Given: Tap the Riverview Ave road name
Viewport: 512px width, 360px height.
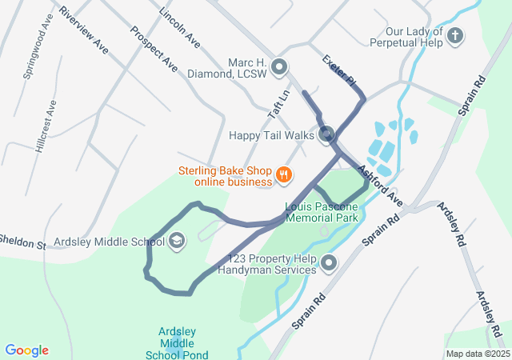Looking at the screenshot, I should pyautogui.click(x=83, y=32).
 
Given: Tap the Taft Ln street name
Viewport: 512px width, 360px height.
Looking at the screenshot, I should pyautogui.click(x=277, y=113).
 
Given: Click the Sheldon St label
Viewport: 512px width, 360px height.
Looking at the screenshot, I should pyautogui.click(x=22, y=240).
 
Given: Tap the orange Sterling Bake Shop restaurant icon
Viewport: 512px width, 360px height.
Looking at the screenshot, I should pyautogui.click(x=282, y=174).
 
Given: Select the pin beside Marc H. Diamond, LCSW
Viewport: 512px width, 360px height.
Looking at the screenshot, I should pyautogui.click(x=279, y=67).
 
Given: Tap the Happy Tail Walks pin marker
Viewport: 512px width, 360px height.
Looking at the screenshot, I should pyautogui.click(x=326, y=134).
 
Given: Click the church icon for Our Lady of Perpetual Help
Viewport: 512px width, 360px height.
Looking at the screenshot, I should pyautogui.click(x=454, y=35).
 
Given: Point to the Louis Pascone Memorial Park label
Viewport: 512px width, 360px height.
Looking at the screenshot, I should pyautogui.click(x=321, y=211).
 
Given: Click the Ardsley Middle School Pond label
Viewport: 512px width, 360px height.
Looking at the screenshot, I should pyautogui.click(x=178, y=343).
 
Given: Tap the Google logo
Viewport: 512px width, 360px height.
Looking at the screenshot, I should pyautogui.click(x=26, y=350).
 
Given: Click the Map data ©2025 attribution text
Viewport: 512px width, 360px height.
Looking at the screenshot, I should pyautogui.click(x=477, y=354).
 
